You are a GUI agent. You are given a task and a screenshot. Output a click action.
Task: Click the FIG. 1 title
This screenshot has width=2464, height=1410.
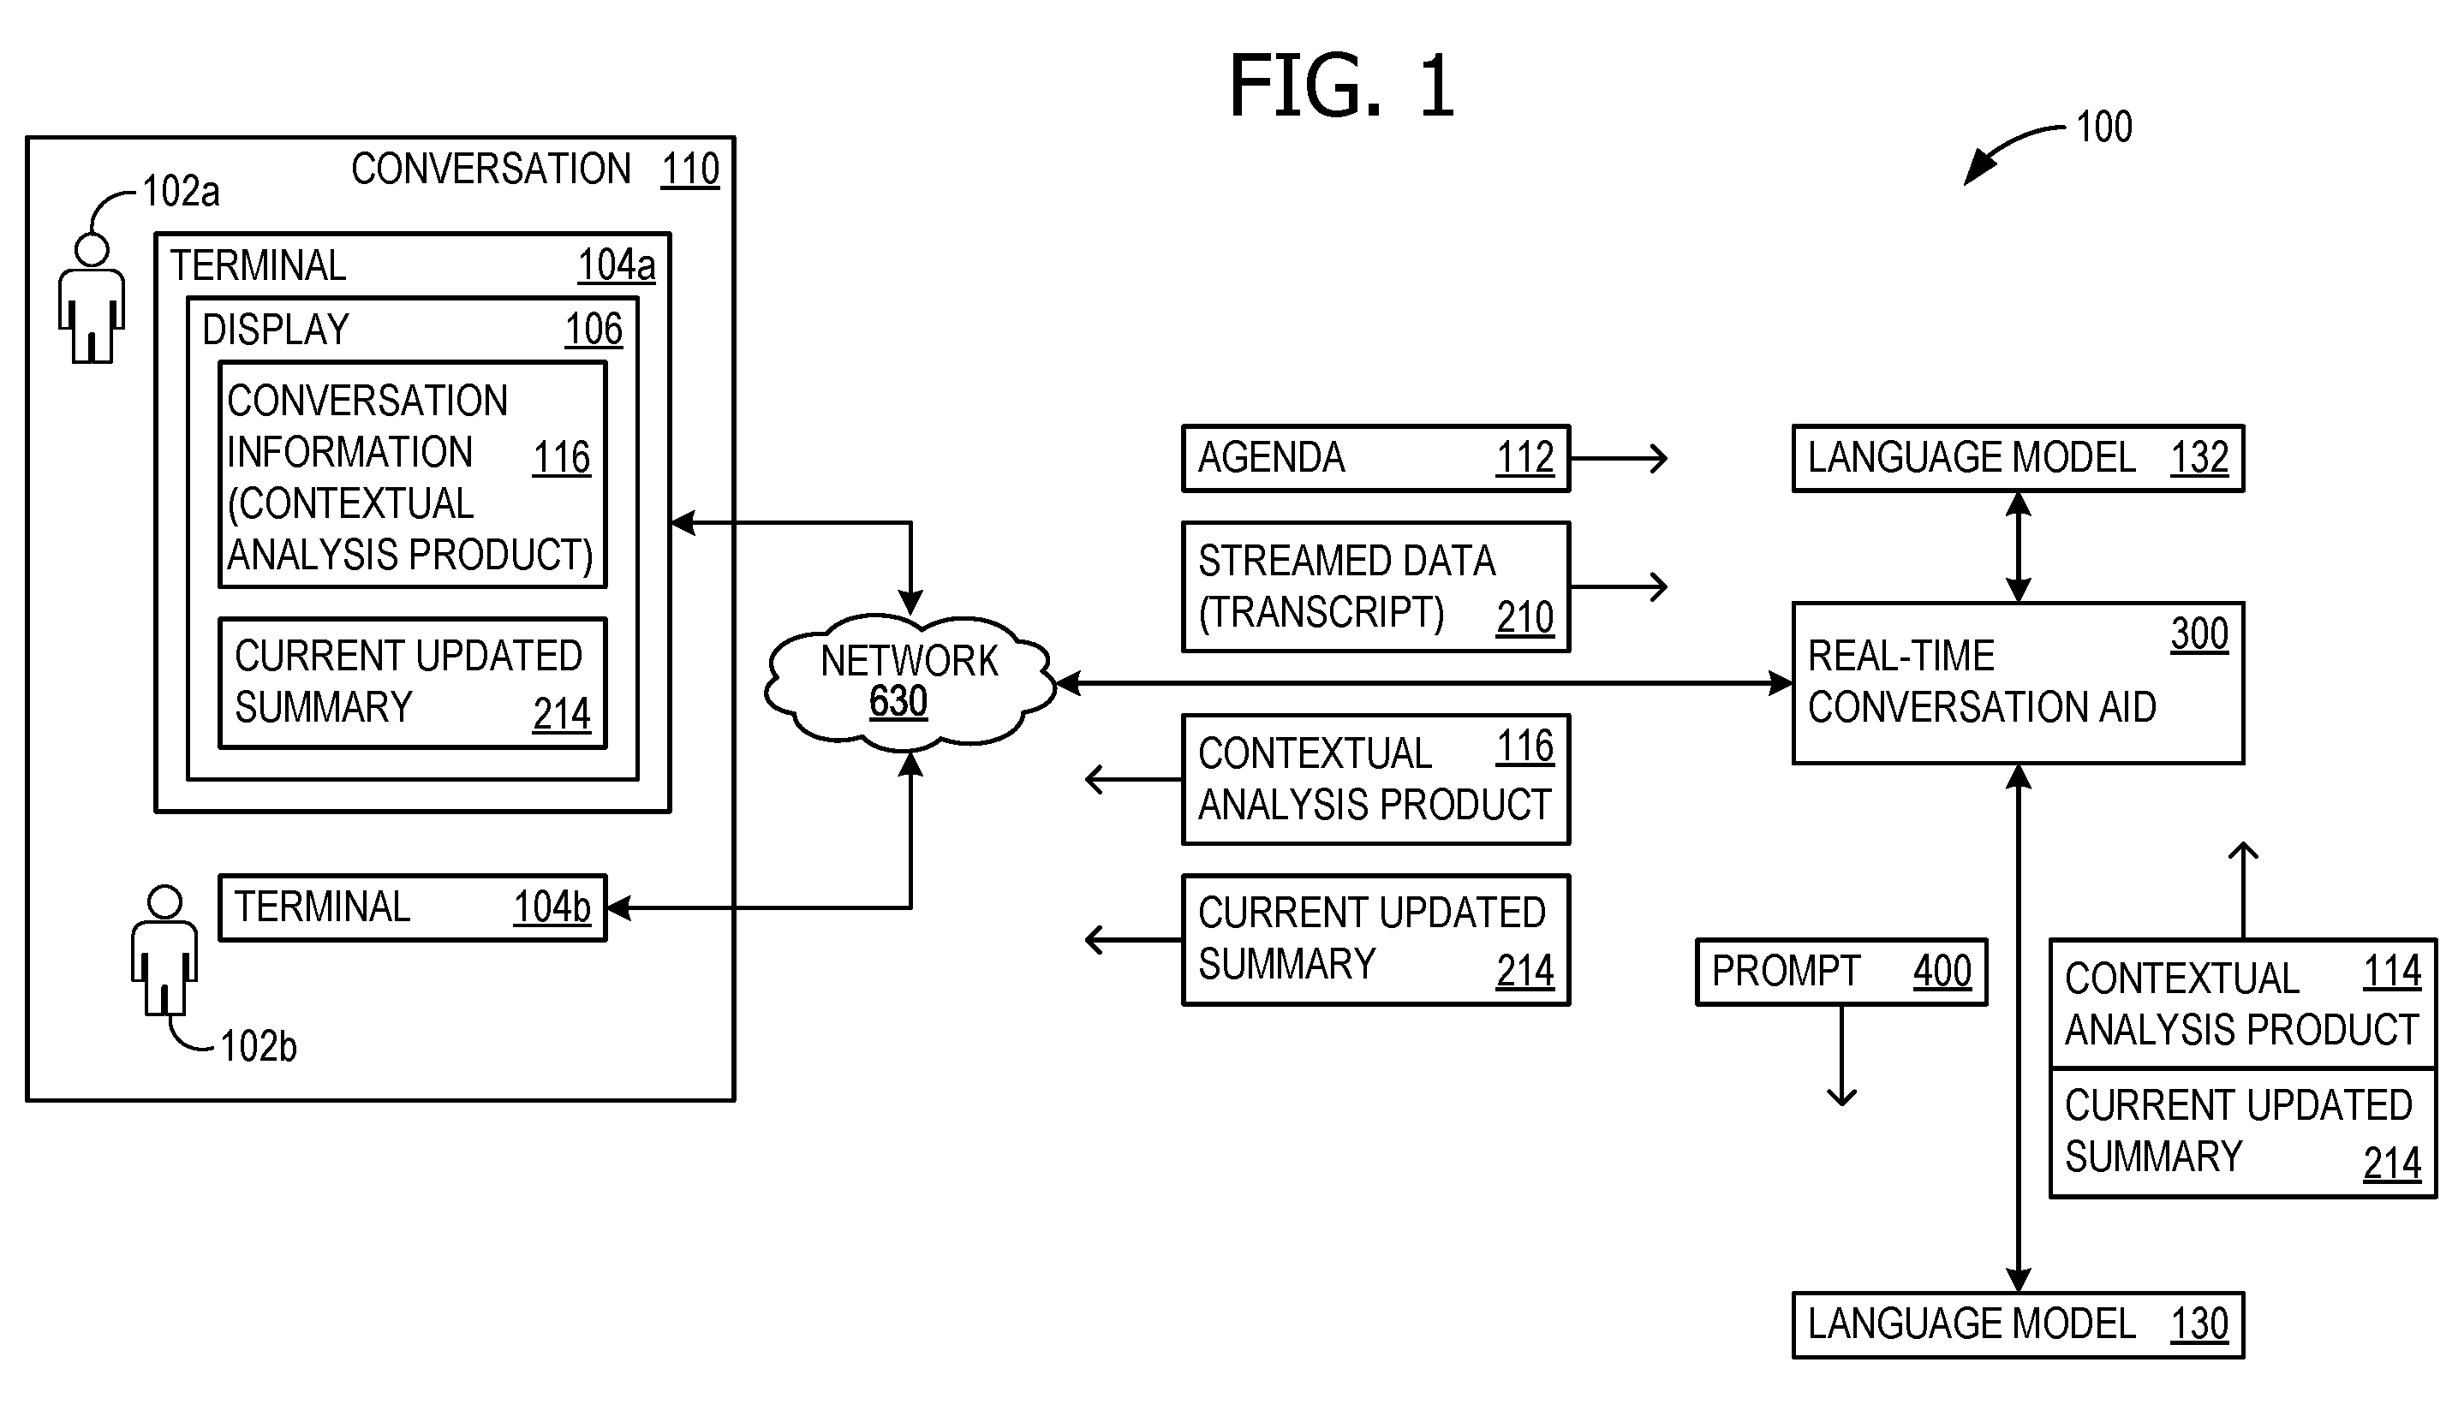[1341, 86]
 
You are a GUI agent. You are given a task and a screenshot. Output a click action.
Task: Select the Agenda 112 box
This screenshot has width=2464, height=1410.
[1375, 458]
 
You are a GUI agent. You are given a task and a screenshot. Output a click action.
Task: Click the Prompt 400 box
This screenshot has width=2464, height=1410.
[1841, 972]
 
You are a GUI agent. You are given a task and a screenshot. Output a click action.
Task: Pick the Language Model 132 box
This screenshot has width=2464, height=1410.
[2018, 458]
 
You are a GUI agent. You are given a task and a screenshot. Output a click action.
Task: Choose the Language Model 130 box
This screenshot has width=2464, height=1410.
[2018, 1324]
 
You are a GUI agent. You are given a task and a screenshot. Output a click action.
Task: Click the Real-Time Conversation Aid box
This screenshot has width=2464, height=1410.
[2018, 682]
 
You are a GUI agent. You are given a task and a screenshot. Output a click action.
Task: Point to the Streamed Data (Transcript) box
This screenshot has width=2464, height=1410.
[1375, 586]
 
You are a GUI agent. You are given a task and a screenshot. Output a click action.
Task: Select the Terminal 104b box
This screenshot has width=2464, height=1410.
[413, 907]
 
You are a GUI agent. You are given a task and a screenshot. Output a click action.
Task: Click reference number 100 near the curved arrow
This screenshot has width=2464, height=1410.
[2103, 128]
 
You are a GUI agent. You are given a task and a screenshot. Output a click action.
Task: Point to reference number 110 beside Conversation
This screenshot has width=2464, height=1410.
[689, 170]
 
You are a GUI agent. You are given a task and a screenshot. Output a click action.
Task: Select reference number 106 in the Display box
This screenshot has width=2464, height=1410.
[594, 330]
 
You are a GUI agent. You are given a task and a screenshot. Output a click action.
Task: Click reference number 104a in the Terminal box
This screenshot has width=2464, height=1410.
[616, 265]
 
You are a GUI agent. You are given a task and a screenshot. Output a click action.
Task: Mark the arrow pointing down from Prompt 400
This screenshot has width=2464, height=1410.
[1841, 1056]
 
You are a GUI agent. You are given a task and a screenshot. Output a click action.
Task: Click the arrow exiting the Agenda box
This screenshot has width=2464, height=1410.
[1619, 458]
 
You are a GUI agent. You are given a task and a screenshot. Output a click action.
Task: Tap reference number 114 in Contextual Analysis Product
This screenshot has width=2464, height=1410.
[2391, 972]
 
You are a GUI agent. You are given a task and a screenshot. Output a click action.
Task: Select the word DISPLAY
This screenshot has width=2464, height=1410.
[275, 330]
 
